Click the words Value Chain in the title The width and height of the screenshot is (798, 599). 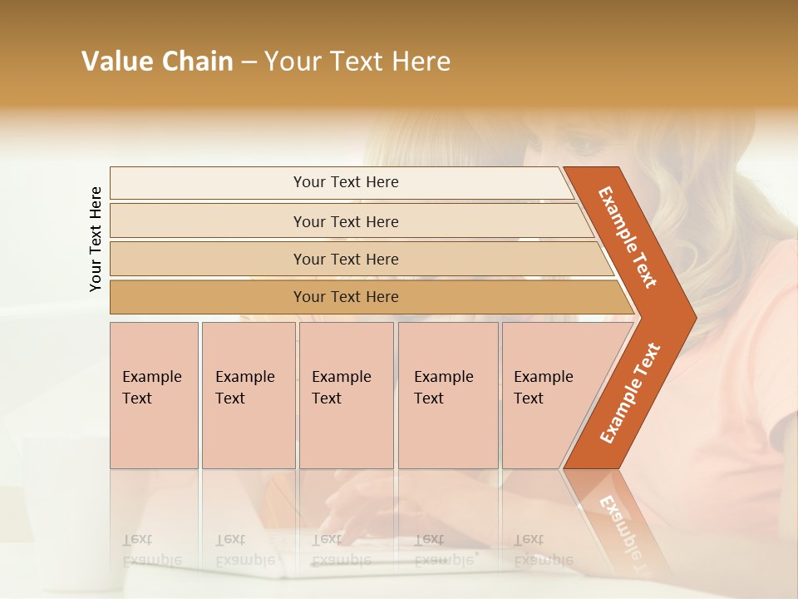(x=157, y=62)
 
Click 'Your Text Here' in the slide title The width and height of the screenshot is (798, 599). (x=357, y=62)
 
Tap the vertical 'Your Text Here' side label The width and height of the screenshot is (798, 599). (x=96, y=239)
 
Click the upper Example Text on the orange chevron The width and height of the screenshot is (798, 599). (x=628, y=237)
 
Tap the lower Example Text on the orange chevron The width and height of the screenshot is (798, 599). (x=629, y=394)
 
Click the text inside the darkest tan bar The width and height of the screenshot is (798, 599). (x=346, y=297)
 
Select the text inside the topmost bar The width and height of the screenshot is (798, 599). (x=346, y=182)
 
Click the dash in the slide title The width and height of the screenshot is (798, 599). (x=249, y=62)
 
